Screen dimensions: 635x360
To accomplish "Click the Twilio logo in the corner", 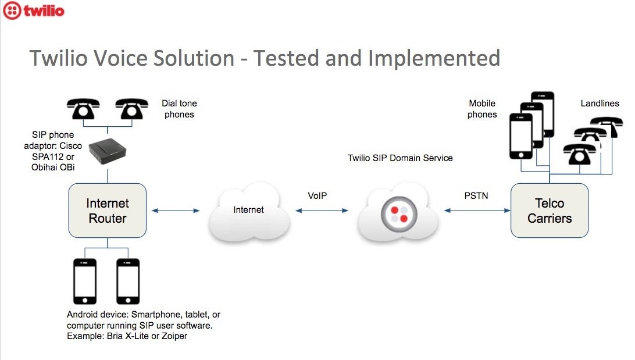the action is coord(34,10).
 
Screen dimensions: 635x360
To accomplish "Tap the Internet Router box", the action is coord(108,211).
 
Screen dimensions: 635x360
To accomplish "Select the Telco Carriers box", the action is coord(550,211).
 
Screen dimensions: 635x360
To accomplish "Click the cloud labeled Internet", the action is coord(249,211).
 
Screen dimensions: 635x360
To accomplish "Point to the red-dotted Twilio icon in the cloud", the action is coord(399,215).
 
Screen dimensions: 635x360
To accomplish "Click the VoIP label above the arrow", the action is coord(317,196).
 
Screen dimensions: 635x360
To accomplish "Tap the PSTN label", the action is coord(476,196).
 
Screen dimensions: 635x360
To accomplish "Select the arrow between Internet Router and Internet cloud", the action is coord(176,211).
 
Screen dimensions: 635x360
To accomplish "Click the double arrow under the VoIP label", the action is coord(322,211).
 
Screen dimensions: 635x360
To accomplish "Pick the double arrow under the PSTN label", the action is coord(477,211).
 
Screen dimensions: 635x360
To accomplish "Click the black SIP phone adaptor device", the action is coord(108,151).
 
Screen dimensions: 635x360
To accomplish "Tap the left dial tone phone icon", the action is coord(83,109).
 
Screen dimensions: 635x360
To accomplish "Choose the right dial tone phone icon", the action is coord(131,109).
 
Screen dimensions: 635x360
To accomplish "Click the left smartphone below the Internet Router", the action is coord(85,281).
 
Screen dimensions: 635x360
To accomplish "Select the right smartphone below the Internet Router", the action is coord(128,281).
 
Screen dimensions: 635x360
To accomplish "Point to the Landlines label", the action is coord(600,104).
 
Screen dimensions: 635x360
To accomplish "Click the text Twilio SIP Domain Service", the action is coord(400,158).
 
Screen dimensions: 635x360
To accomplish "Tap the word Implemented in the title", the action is coord(434,58).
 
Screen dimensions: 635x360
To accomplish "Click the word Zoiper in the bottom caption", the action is coord(174,336).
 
